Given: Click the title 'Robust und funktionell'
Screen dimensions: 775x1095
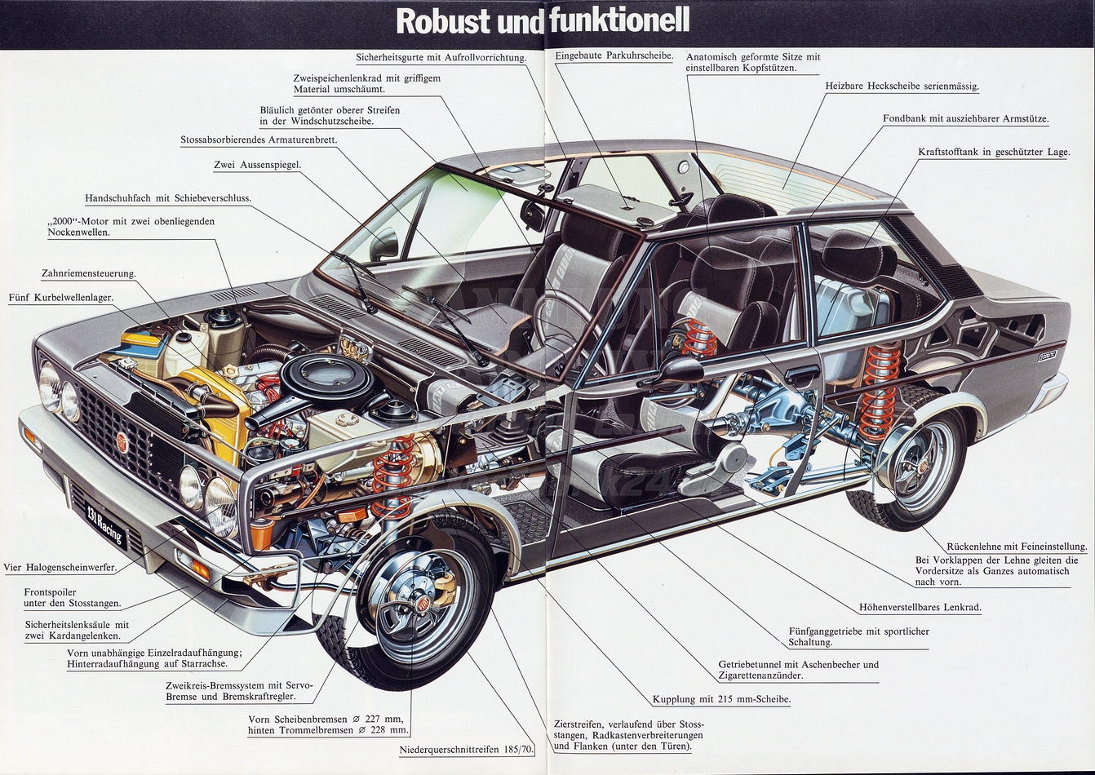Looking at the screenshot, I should tap(543, 20).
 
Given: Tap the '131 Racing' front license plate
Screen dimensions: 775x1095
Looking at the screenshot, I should tap(105, 525).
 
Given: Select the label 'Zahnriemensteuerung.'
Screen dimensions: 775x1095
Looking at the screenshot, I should tap(88, 273).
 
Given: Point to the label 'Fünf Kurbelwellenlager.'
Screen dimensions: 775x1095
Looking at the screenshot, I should tap(60, 298).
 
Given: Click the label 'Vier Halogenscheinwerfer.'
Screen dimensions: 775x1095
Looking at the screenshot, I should tap(60, 567).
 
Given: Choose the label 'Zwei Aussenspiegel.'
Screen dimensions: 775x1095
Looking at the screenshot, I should tap(257, 165).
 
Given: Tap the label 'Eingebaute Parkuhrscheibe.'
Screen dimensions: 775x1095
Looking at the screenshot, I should tap(614, 55).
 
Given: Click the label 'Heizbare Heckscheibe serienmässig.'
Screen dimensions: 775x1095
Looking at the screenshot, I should tap(902, 86).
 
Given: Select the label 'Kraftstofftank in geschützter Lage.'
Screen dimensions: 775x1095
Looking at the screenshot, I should tap(993, 152).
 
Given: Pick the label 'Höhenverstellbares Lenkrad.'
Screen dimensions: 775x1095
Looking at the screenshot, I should tap(920, 607).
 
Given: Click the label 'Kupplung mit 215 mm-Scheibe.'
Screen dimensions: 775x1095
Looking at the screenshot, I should tap(721, 699).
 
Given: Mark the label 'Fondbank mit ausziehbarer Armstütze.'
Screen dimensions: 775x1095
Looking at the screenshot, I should tap(965, 118).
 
